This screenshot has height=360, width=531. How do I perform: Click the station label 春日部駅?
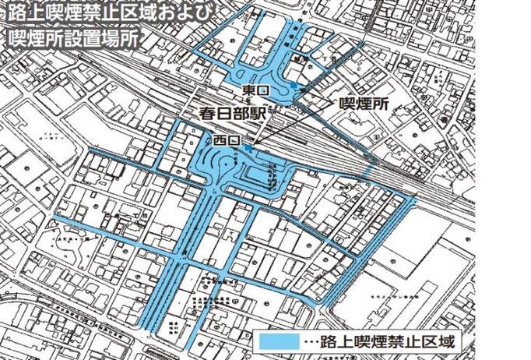pos(231,115)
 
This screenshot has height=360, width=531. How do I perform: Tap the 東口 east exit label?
pos(255,91)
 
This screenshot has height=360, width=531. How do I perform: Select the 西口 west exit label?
pos(225,141)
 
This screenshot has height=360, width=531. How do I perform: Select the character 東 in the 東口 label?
pos(248,91)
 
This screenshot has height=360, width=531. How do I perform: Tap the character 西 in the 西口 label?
pos(219,141)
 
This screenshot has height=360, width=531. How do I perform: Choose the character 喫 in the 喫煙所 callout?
pos(343,104)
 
